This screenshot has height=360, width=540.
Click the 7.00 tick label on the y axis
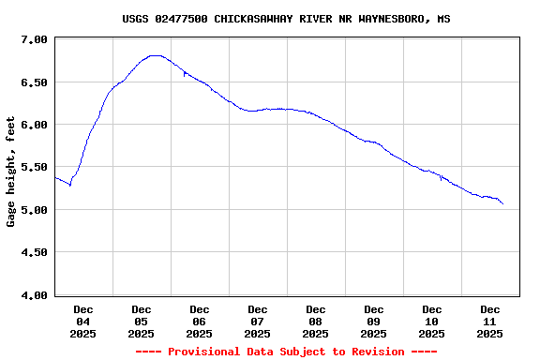[34, 39]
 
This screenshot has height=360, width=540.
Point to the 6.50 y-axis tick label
[34, 82]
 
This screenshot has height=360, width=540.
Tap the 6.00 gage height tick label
[34, 125]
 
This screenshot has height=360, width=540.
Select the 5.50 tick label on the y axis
[34, 167]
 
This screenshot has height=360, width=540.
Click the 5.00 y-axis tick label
[34, 210]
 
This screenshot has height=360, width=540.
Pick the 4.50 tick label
[34, 252]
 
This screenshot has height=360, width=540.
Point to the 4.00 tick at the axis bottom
[34, 295]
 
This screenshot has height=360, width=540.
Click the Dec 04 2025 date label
[83, 321]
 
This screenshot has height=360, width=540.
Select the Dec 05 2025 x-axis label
[142, 321]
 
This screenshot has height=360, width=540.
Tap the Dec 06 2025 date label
[200, 321]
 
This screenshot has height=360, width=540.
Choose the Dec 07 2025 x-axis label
[258, 321]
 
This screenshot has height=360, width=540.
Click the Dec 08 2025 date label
[316, 321]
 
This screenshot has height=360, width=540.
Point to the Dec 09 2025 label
[374, 321]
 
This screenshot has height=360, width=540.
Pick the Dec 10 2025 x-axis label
[432, 321]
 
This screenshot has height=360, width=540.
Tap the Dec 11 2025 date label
[490, 321]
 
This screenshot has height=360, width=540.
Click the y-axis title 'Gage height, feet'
[11, 172]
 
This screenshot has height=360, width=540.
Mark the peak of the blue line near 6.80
[157, 55]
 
